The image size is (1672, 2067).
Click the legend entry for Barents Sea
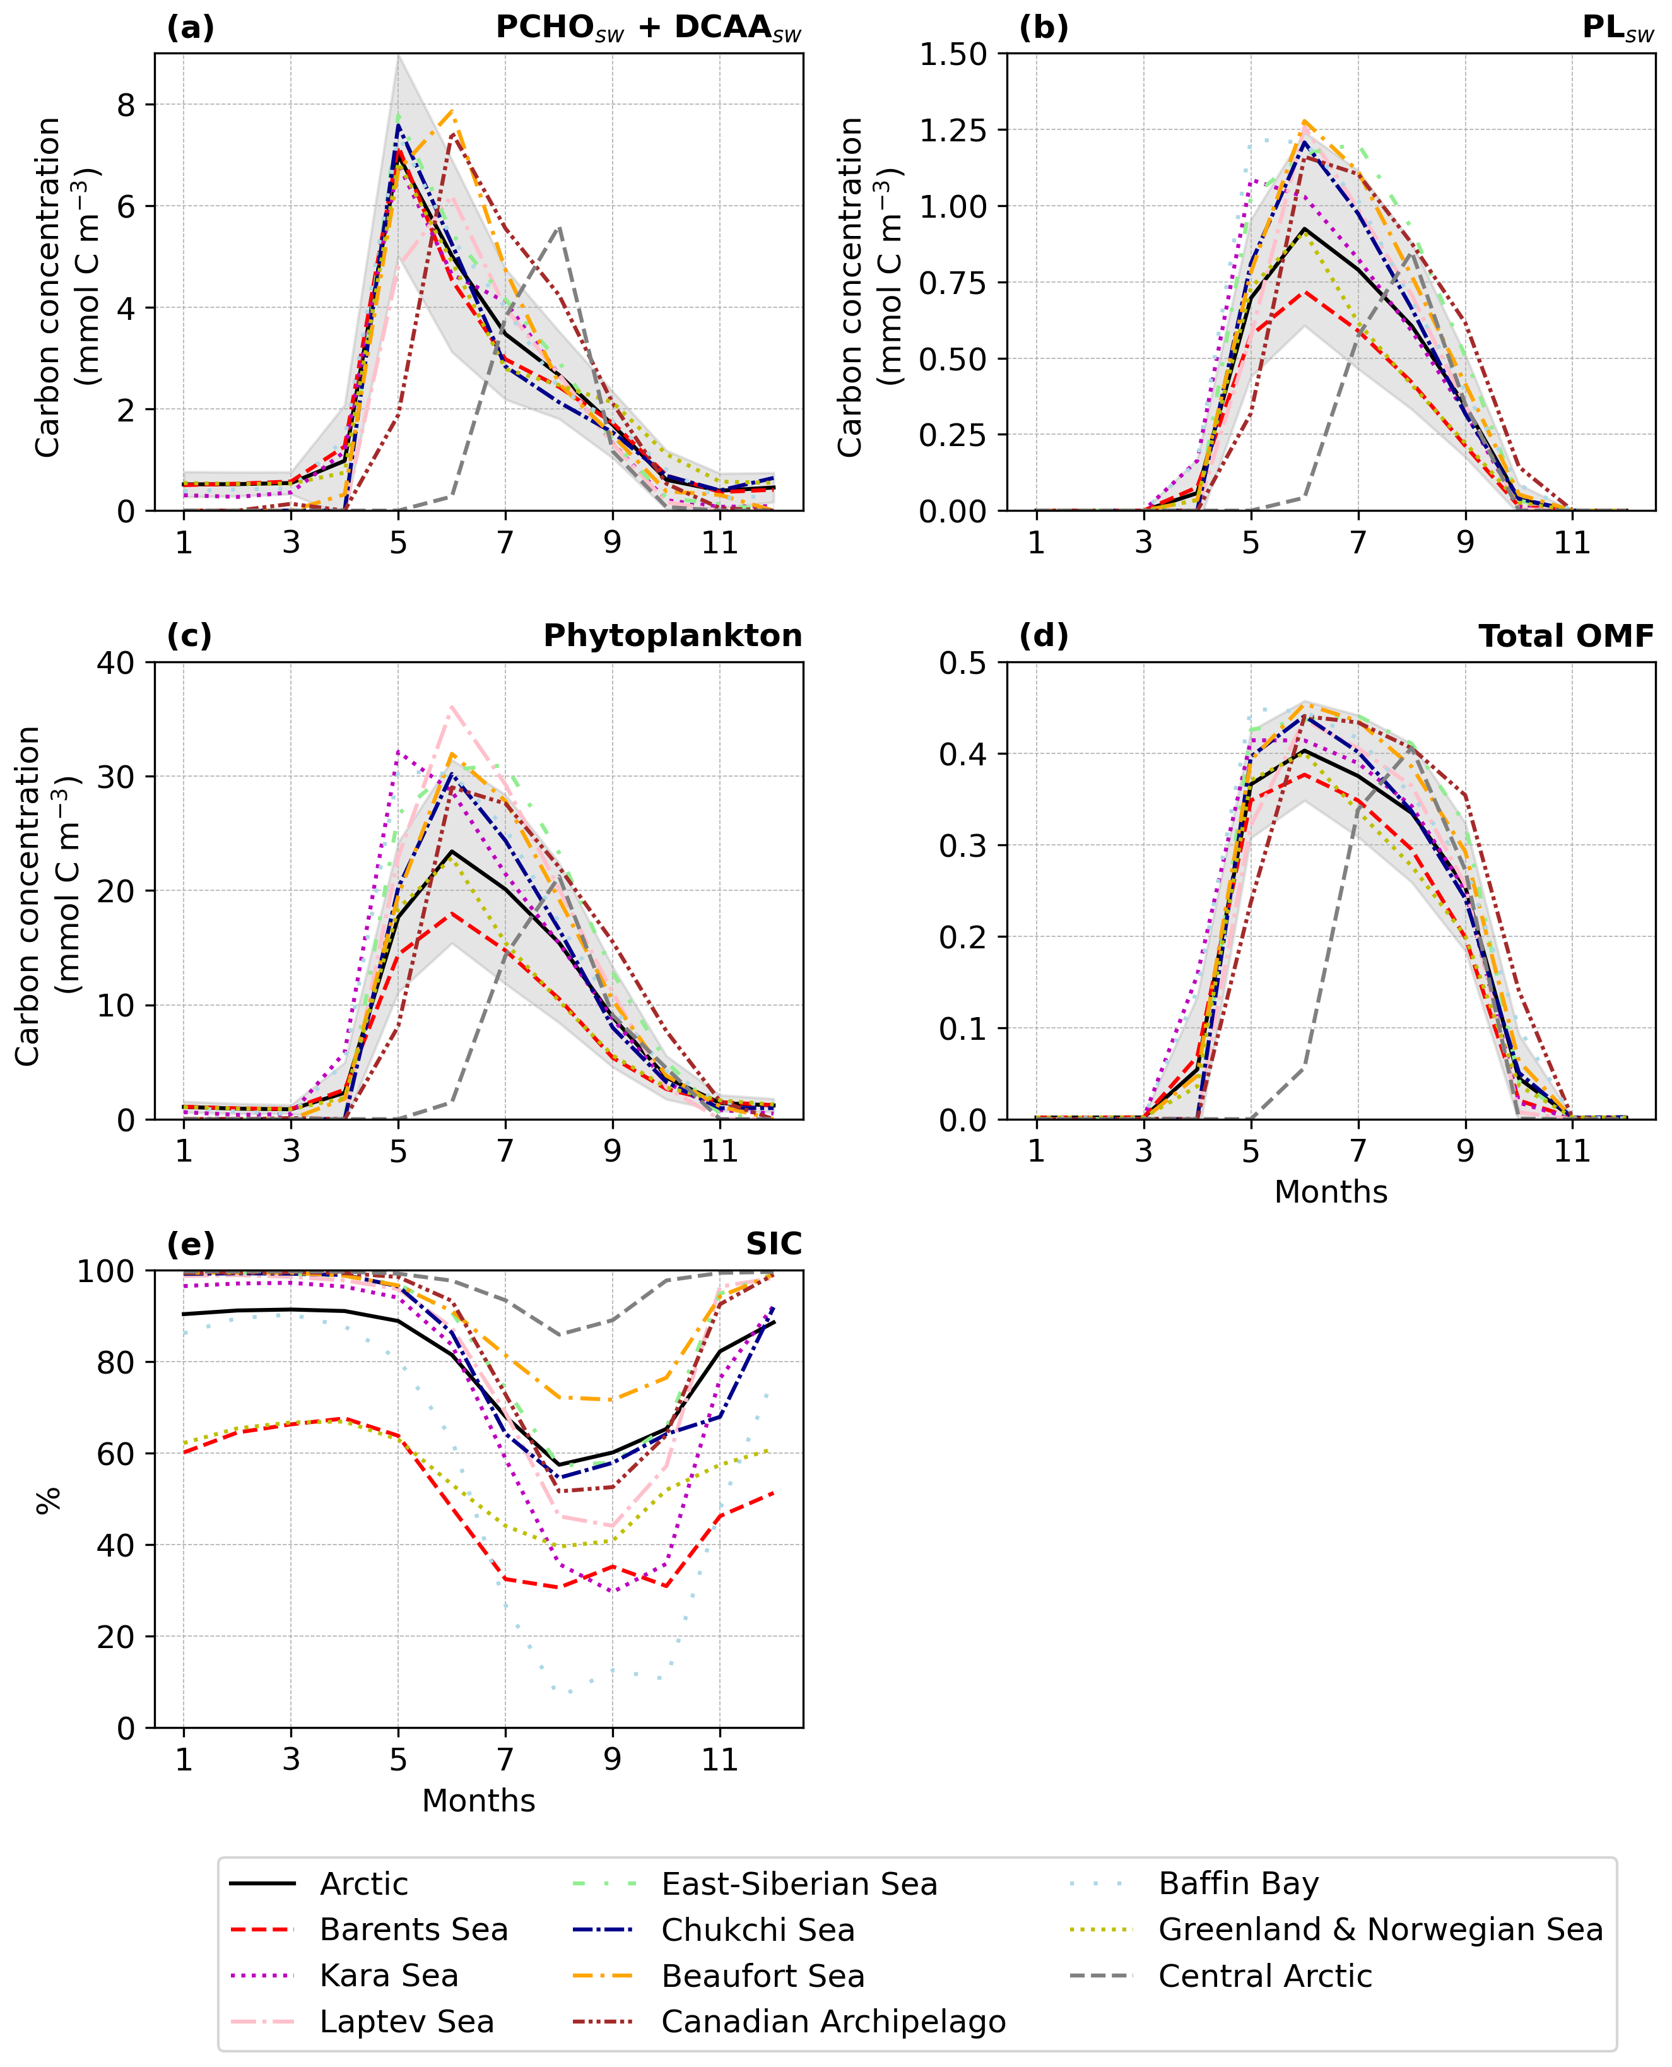[x=413, y=1929]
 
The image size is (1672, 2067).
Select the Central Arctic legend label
[x=1264, y=1976]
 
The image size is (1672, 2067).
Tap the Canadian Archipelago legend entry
[x=833, y=2021]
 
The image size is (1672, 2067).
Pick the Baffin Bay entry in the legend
[x=1238, y=1883]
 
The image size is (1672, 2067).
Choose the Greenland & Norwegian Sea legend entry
[x=1380, y=1929]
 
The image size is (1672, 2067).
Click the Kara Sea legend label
[x=388, y=1976]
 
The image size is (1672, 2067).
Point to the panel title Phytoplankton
[x=672, y=636]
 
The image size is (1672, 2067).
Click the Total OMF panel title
[x=1566, y=636]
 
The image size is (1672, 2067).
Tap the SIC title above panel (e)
[x=774, y=1244]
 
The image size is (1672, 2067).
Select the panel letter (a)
[x=190, y=28]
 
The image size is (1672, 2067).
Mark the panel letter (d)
[x=1044, y=636]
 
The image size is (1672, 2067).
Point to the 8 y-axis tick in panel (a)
[x=126, y=104]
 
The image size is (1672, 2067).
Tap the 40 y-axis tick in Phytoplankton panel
[x=115, y=662]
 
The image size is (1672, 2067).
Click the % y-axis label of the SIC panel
[x=48, y=1500]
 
